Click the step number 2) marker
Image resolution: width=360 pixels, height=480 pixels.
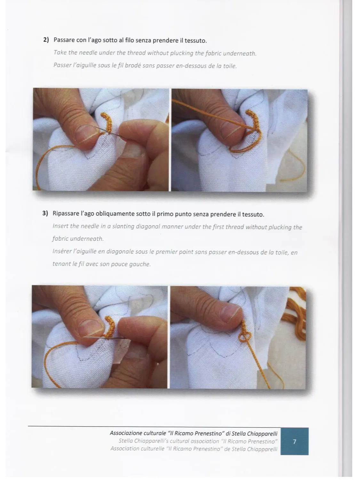tap(46, 40)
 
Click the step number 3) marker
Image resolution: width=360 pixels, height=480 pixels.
tap(45, 213)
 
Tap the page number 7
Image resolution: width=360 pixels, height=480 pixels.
tap(294, 442)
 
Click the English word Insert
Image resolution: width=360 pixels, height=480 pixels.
tap(60, 226)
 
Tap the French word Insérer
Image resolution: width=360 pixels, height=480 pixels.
tap(61, 251)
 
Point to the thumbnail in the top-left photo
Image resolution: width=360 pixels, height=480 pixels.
tap(86, 134)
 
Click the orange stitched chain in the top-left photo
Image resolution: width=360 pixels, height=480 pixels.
tap(107, 123)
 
